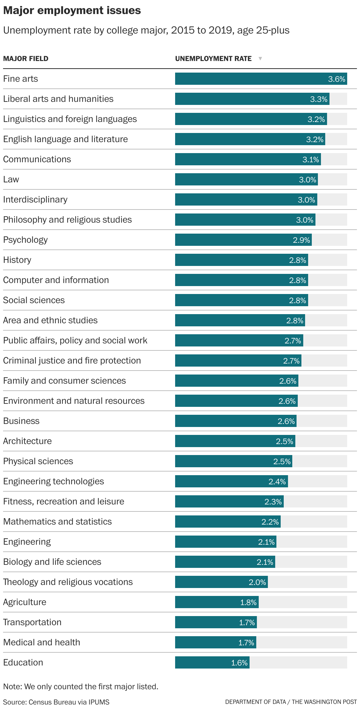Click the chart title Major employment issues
(x=72, y=11)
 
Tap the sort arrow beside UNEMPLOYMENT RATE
(x=260, y=59)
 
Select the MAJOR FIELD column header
(x=26, y=59)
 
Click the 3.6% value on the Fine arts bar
(x=337, y=79)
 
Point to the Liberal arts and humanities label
(x=58, y=99)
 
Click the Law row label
(x=11, y=179)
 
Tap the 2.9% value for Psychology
(x=301, y=240)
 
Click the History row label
(x=17, y=260)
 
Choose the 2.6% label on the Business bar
(x=286, y=421)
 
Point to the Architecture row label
(x=27, y=441)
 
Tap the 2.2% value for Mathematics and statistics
(x=270, y=522)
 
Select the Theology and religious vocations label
(x=68, y=582)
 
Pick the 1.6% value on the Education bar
(x=239, y=663)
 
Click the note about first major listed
(x=81, y=687)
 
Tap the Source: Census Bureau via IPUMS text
(x=56, y=702)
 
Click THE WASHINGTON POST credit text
(x=324, y=702)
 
